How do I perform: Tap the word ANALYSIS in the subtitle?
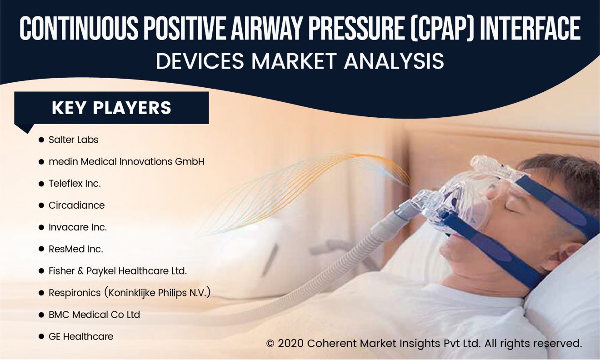point(394,61)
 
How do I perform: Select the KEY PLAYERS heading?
point(111,108)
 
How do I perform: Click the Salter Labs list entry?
point(73,140)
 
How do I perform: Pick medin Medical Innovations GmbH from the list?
point(126,162)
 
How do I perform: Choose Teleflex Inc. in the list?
point(75,184)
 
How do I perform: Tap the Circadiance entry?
point(77,205)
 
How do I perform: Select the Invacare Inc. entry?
point(78,227)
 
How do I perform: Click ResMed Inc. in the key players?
point(76,250)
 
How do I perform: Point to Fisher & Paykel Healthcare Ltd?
point(118,271)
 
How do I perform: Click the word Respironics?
point(75,293)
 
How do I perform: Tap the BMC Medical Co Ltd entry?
point(94,315)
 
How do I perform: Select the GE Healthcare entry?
point(81,337)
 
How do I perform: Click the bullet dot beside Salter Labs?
point(41,140)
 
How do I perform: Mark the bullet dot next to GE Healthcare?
point(41,337)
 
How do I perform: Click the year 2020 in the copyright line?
point(290,343)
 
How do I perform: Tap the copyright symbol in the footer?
point(270,344)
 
